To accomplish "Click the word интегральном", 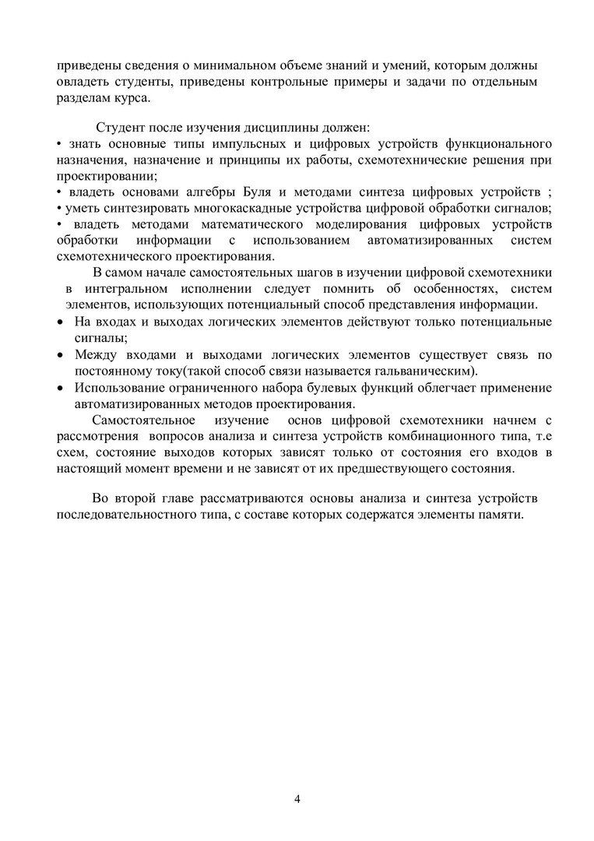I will (130, 288).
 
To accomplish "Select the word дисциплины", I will (283, 127).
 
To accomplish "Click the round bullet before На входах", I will (62, 322).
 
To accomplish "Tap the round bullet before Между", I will (62, 355).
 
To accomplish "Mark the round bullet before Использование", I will (62, 388).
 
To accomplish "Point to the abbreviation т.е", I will (542, 436).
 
